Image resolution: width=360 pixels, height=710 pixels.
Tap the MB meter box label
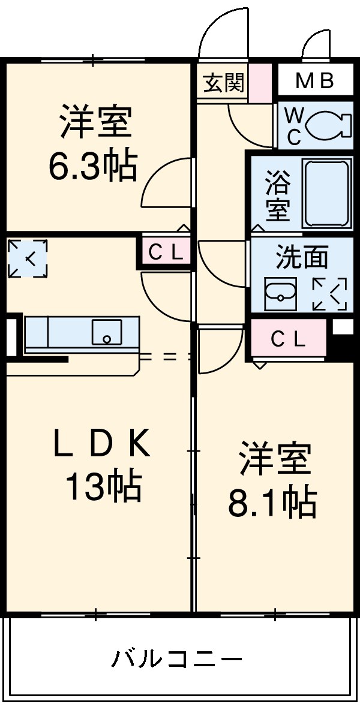[314, 81]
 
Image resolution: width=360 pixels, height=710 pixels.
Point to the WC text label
[293, 125]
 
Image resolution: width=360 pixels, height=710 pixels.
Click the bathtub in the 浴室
[326, 193]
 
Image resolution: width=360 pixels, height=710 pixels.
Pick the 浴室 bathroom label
[278, 194]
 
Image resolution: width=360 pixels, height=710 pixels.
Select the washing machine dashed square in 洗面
[329, 294]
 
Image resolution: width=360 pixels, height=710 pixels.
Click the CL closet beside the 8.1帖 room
[289, 339]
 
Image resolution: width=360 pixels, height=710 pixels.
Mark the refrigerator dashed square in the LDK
[28, 258]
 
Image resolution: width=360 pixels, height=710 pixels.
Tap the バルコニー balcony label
[176, 659]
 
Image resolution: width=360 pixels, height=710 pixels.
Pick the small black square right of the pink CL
[343, 327]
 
